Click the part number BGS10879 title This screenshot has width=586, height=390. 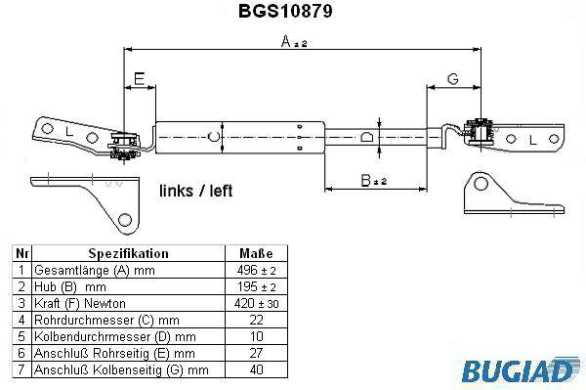(285, 11)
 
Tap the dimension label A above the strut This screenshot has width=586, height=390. (294, 41)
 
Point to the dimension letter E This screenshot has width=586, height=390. (140, 79)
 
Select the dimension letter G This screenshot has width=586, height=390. (452, 79)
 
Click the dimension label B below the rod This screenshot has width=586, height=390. (373, 181)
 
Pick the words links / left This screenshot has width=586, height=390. (196, 191)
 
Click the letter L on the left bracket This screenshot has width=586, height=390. (69, 131)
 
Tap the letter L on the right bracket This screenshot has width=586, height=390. (533, 140)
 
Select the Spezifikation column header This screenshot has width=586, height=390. (129, 253)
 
